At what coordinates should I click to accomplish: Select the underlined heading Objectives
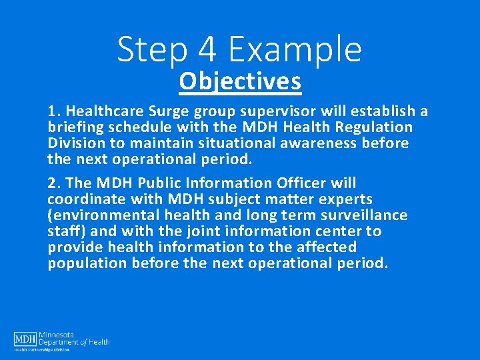click(x=240, y=82)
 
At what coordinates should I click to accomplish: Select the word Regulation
click(x=379, y=127)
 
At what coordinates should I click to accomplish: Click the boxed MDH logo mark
click(x=25, y=340)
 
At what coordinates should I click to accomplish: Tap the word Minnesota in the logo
click(x=56, y=335)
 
